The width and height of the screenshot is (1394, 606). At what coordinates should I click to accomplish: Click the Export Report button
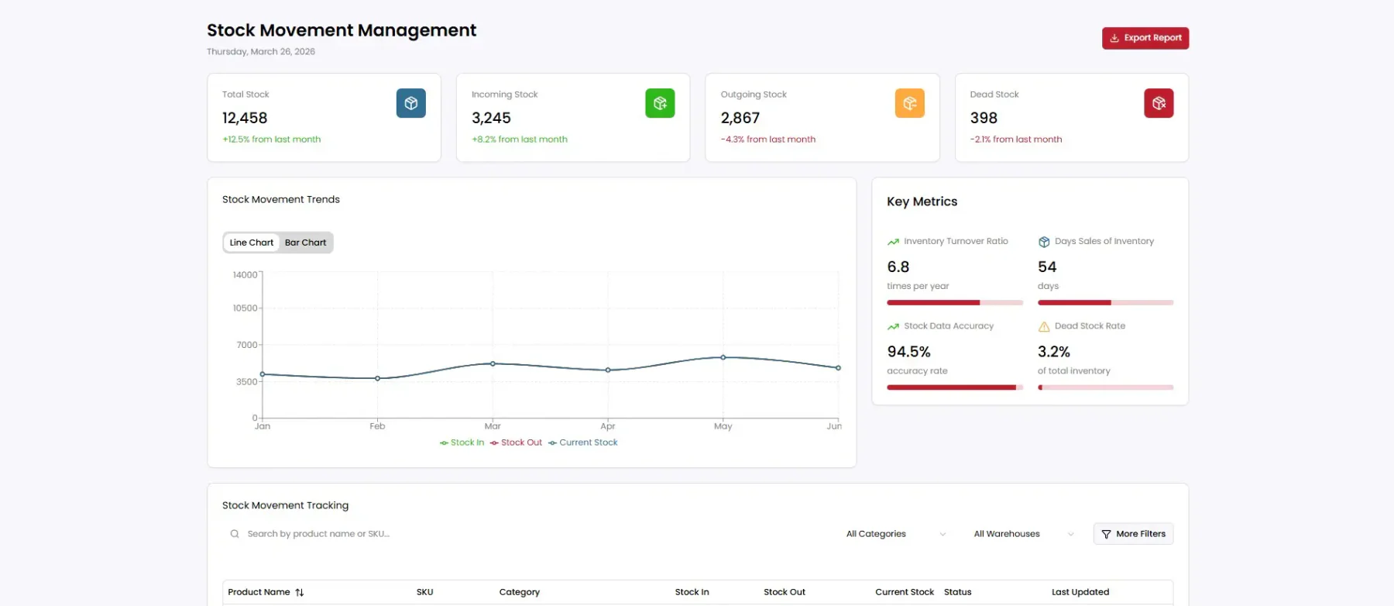pos(1145,38)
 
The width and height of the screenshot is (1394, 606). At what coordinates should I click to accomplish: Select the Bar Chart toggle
pos(305,243)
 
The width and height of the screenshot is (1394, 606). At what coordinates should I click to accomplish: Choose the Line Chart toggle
pos(252,243)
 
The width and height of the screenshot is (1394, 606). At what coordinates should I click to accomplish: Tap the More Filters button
pos(1133,534)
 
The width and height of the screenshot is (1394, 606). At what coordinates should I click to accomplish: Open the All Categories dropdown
pos(896,534)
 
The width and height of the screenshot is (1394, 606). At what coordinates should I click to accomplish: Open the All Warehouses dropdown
pos(1023,534)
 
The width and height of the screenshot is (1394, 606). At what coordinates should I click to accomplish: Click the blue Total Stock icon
pos(411,103)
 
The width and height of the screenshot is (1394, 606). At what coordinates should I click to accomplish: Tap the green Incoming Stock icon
pos(660,103)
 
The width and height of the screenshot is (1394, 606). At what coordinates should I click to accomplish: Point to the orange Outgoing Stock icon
pos(909,103)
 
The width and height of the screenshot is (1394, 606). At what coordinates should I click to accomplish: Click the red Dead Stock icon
pos(1159,103)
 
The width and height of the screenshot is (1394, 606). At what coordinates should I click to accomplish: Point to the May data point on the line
pos(723,357)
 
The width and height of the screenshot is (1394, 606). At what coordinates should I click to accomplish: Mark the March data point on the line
pos(493,363)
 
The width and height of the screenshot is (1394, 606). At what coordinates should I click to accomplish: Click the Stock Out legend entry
pos(516,442)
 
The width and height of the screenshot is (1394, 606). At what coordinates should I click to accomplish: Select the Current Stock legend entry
pos(582,442)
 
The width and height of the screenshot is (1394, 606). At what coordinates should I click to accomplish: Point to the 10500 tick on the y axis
pos(245,308)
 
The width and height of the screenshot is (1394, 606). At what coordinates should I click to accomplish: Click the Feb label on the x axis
pos(377,426)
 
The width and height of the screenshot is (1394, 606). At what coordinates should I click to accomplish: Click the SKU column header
pos(424,592)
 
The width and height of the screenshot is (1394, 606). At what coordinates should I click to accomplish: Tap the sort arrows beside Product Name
pos(300,592)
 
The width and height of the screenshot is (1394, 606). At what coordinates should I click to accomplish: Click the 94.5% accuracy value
pos(908,352)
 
